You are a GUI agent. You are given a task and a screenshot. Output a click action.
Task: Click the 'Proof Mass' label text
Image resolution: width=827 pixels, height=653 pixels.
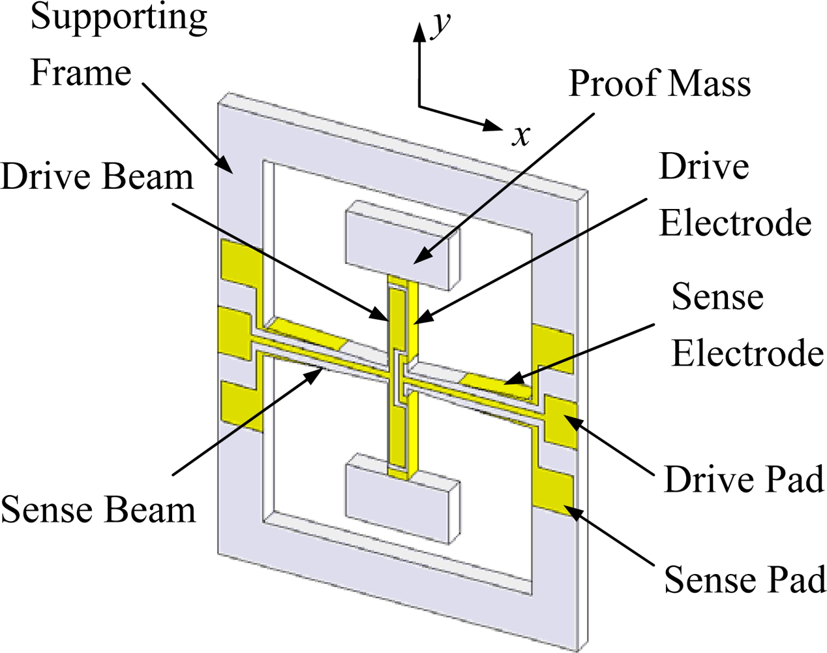659,84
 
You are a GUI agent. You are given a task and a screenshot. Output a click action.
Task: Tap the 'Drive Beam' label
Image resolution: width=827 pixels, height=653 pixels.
98,177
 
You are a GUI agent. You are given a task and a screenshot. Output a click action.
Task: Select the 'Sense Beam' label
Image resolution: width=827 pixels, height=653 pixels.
98,509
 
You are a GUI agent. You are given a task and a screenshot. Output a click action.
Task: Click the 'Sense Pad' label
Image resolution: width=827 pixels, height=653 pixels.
744,579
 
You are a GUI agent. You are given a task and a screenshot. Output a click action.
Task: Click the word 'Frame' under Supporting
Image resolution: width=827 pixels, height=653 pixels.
81,72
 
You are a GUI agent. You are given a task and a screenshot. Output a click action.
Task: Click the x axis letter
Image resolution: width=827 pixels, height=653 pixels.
520,135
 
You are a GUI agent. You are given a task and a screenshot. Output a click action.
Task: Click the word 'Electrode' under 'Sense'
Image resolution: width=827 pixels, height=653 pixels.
747,353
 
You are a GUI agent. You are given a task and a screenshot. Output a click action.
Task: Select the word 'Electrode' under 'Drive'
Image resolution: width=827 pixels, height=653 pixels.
735,223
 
